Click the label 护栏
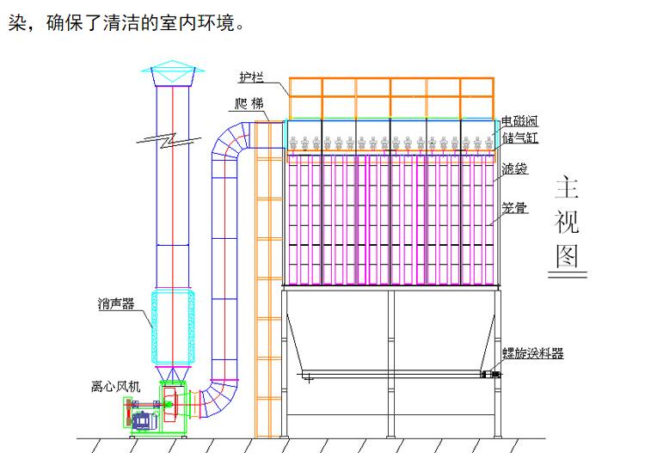(250, 77)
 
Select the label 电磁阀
(520, 121)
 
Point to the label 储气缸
(520, 137)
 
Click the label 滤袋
(514, 168)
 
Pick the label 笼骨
(514, 207)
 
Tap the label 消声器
(115, 303)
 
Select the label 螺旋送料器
(533, 353)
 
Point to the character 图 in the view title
(567, 255)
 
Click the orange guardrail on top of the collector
(390, 97)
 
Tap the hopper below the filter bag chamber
(390, 335)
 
